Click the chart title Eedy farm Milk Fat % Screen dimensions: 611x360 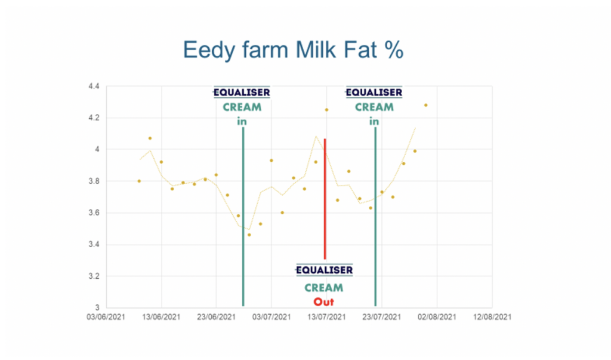point(293,50)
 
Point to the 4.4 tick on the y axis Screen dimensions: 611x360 point(94,86)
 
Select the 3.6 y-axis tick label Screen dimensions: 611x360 point(94,213)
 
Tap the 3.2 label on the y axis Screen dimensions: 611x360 point(94,276)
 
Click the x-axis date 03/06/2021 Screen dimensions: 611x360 point(106,316)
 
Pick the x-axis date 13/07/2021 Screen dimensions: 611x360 point(326,316)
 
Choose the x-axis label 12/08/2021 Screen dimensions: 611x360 point(492,316)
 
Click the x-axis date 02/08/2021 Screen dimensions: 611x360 point(437,316)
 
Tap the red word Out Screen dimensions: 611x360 point(324,302)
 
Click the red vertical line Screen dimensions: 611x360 point(325,199)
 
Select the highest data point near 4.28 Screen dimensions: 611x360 point(426,105)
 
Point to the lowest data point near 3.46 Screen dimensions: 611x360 point(249,235)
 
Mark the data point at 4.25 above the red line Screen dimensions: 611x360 point(326,110)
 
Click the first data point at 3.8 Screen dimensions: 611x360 point(139,181)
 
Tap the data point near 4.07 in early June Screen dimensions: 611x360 point(150,139)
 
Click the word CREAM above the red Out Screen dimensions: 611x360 point(324,288)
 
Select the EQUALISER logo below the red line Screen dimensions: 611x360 point(324,270)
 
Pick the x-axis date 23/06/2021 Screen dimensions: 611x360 point(216,316)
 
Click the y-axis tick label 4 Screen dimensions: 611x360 point(97,149)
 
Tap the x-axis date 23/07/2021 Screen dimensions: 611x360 point(381,316)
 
